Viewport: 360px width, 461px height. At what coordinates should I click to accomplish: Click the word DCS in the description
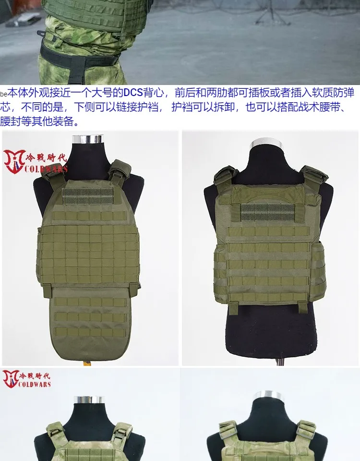coord(133,93)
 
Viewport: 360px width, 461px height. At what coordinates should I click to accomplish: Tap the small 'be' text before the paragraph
coord(3,95)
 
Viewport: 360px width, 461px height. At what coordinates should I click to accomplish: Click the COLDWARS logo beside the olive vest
coord(36,161)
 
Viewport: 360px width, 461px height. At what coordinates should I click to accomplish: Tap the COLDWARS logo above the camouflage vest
coord(27,379)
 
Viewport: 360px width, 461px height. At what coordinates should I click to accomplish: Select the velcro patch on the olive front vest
coord(88,196)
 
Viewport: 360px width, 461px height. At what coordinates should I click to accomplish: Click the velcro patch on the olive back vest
coord(267,212)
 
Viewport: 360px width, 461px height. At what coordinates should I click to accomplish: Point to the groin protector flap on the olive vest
coord(90,320)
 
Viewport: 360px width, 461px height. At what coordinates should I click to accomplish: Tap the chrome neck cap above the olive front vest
coord(88,139)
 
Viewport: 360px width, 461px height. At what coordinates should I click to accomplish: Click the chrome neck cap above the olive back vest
coord(266,144)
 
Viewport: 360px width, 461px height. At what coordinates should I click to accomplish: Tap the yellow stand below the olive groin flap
coord(86,363)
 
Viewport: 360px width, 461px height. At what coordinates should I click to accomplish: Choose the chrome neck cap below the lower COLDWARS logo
coord(88,400)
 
